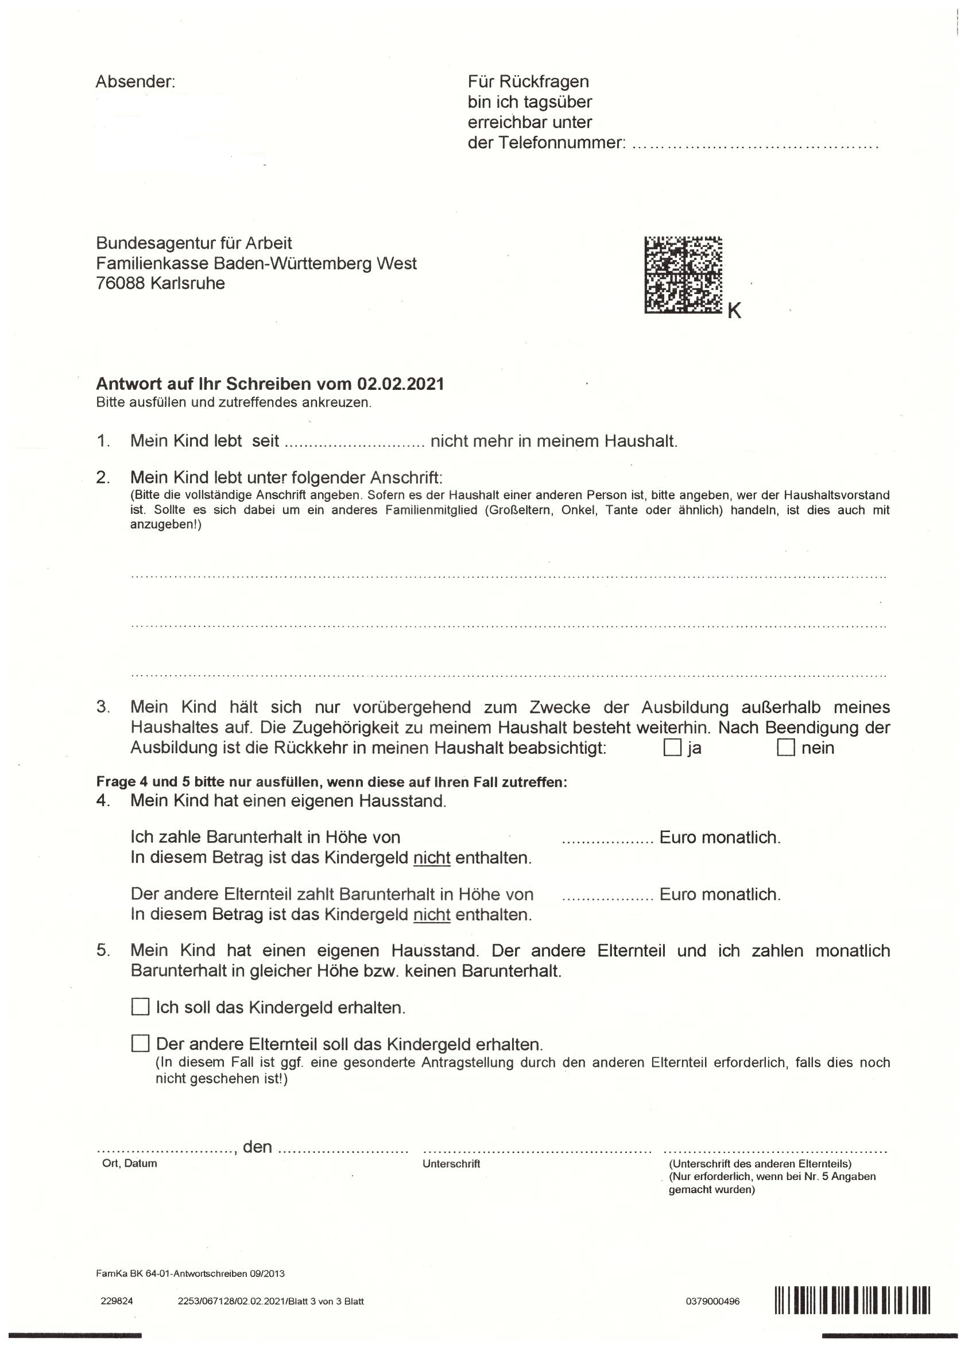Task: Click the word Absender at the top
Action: pos(135,82)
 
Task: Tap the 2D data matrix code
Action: pos(683,275)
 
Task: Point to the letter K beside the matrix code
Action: pos(734,310)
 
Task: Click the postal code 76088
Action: pos(120,283)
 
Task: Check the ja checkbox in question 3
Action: pos(672,747)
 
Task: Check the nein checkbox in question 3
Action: pos(786,747)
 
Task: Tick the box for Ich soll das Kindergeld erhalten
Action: pos(140,1007)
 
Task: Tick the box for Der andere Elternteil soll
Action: pos(140,1043)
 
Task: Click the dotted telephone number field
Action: pos(754,144)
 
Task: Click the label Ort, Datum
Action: pos(130,1163)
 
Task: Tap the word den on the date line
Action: pos(258,1146)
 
